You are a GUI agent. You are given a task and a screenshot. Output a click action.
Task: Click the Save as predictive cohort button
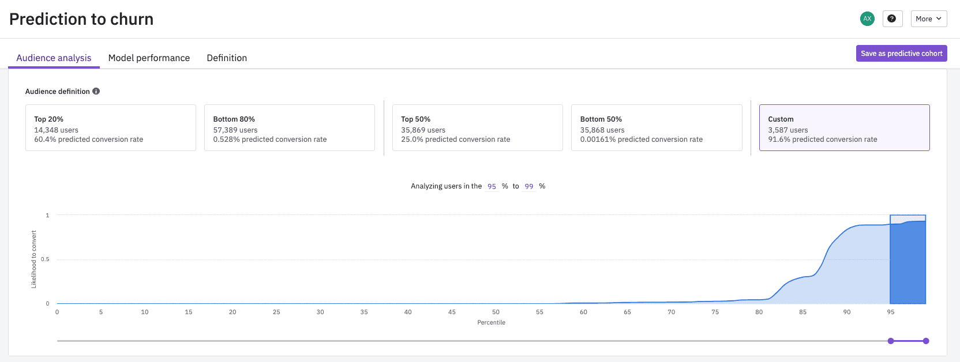tap(901, 54)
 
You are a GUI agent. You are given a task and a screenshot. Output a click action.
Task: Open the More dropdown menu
tap(928, 19)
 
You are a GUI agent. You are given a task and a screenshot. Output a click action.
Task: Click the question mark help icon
tap(892, 19)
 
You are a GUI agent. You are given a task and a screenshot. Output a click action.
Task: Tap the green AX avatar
tap(867, 19)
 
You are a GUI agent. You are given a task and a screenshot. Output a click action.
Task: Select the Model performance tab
tap(149, 58)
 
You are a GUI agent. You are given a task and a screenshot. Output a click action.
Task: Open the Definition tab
tap(227, 58)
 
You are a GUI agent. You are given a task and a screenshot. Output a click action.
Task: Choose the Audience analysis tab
tap(54, 58)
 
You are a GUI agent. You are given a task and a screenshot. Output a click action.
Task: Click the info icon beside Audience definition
tap(96, 91)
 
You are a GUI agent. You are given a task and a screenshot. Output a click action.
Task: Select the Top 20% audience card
tap(111, 128)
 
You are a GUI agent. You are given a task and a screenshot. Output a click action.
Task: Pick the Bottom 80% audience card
tap(290, 128)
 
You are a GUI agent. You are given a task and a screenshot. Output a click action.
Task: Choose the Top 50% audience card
tap(477, 128)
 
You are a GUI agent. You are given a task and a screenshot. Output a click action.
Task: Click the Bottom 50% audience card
tap(657, 128)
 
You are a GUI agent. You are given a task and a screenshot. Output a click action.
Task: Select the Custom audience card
tap(844, 128)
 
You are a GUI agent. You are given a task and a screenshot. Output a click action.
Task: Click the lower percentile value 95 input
tap(492, 187)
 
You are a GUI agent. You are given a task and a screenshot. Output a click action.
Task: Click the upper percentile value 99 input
tap(529, 187)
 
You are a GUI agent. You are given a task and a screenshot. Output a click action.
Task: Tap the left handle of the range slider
tap(891, 341)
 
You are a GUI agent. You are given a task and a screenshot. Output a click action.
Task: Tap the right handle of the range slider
tap(926, 341)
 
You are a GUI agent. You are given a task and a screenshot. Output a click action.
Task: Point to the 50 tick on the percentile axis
tap(496, 312)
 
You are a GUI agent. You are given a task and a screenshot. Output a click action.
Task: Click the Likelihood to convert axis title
tap(34, 259)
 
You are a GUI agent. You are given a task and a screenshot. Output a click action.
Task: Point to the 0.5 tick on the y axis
tap(45, 259)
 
